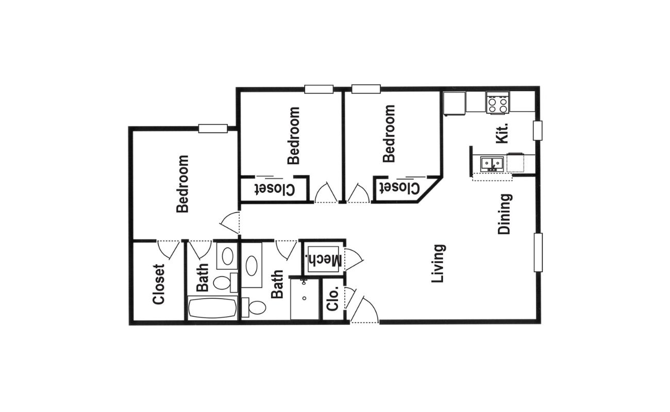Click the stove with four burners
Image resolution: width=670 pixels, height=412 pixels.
[x=498, y=102]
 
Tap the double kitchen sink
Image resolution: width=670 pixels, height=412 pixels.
[x=492, y=164]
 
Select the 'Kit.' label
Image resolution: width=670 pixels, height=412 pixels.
[x=502, y=133]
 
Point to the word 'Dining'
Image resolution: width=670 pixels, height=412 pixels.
[x=505, y=214]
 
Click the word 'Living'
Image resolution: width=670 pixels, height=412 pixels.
[x=439, y=263]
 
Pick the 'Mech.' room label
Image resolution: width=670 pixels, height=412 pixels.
[x=323, y=260]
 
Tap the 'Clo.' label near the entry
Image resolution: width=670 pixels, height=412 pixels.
[x=332, y=299]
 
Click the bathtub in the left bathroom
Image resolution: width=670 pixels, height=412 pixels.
[x=212, y=308]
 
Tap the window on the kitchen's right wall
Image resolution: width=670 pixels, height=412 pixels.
[x=538, y=130]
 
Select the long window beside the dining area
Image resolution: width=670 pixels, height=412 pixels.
[x=538, y=252]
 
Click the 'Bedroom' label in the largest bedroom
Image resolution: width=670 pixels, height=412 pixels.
[x=182, y=184]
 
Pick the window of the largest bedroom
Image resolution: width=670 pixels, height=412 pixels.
[x=213, y=129]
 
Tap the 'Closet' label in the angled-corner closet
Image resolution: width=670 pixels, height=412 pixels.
[x=399, y=188]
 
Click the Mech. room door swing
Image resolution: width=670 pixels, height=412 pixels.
[x=354, y=259]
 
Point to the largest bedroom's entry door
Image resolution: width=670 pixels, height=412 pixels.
[x=230, y=222]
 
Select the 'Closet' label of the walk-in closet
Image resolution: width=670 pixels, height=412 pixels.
[x=158, y=284]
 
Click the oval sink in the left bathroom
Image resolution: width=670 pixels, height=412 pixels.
[x=227, y=256]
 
